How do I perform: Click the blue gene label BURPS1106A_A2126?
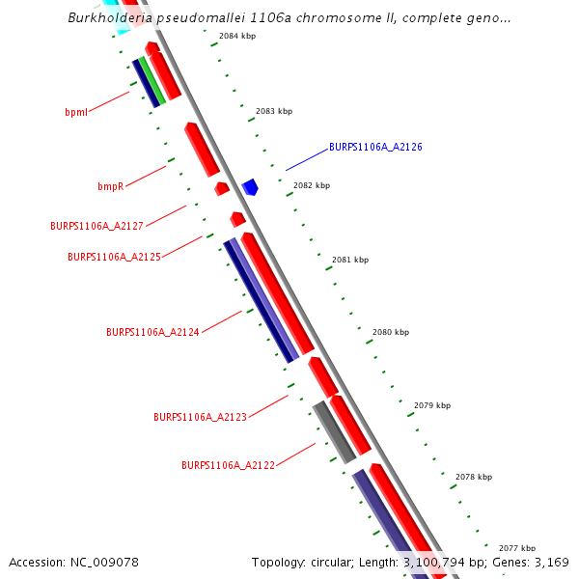[375, 148]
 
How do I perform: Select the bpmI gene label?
[76, 112]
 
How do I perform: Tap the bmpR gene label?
[110, 186]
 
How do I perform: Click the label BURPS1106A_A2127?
[96, 226]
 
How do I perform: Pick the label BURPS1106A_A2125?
[114, 258]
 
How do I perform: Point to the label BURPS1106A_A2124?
[152, 332]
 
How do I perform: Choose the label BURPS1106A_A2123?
[200, 417]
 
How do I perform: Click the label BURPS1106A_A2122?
[228, 465]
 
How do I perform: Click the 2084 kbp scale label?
[237, 36]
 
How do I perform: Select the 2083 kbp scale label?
[274, 112]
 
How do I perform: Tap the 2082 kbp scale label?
[312, 185]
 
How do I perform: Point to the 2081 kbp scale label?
[350, 260]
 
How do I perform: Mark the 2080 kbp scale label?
[391, 332]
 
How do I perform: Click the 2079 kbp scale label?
[432, 405]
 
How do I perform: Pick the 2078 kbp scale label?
[474, 477]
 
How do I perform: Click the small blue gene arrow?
[250, 186]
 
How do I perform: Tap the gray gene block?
[334, 432]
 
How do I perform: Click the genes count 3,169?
[551, 562]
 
